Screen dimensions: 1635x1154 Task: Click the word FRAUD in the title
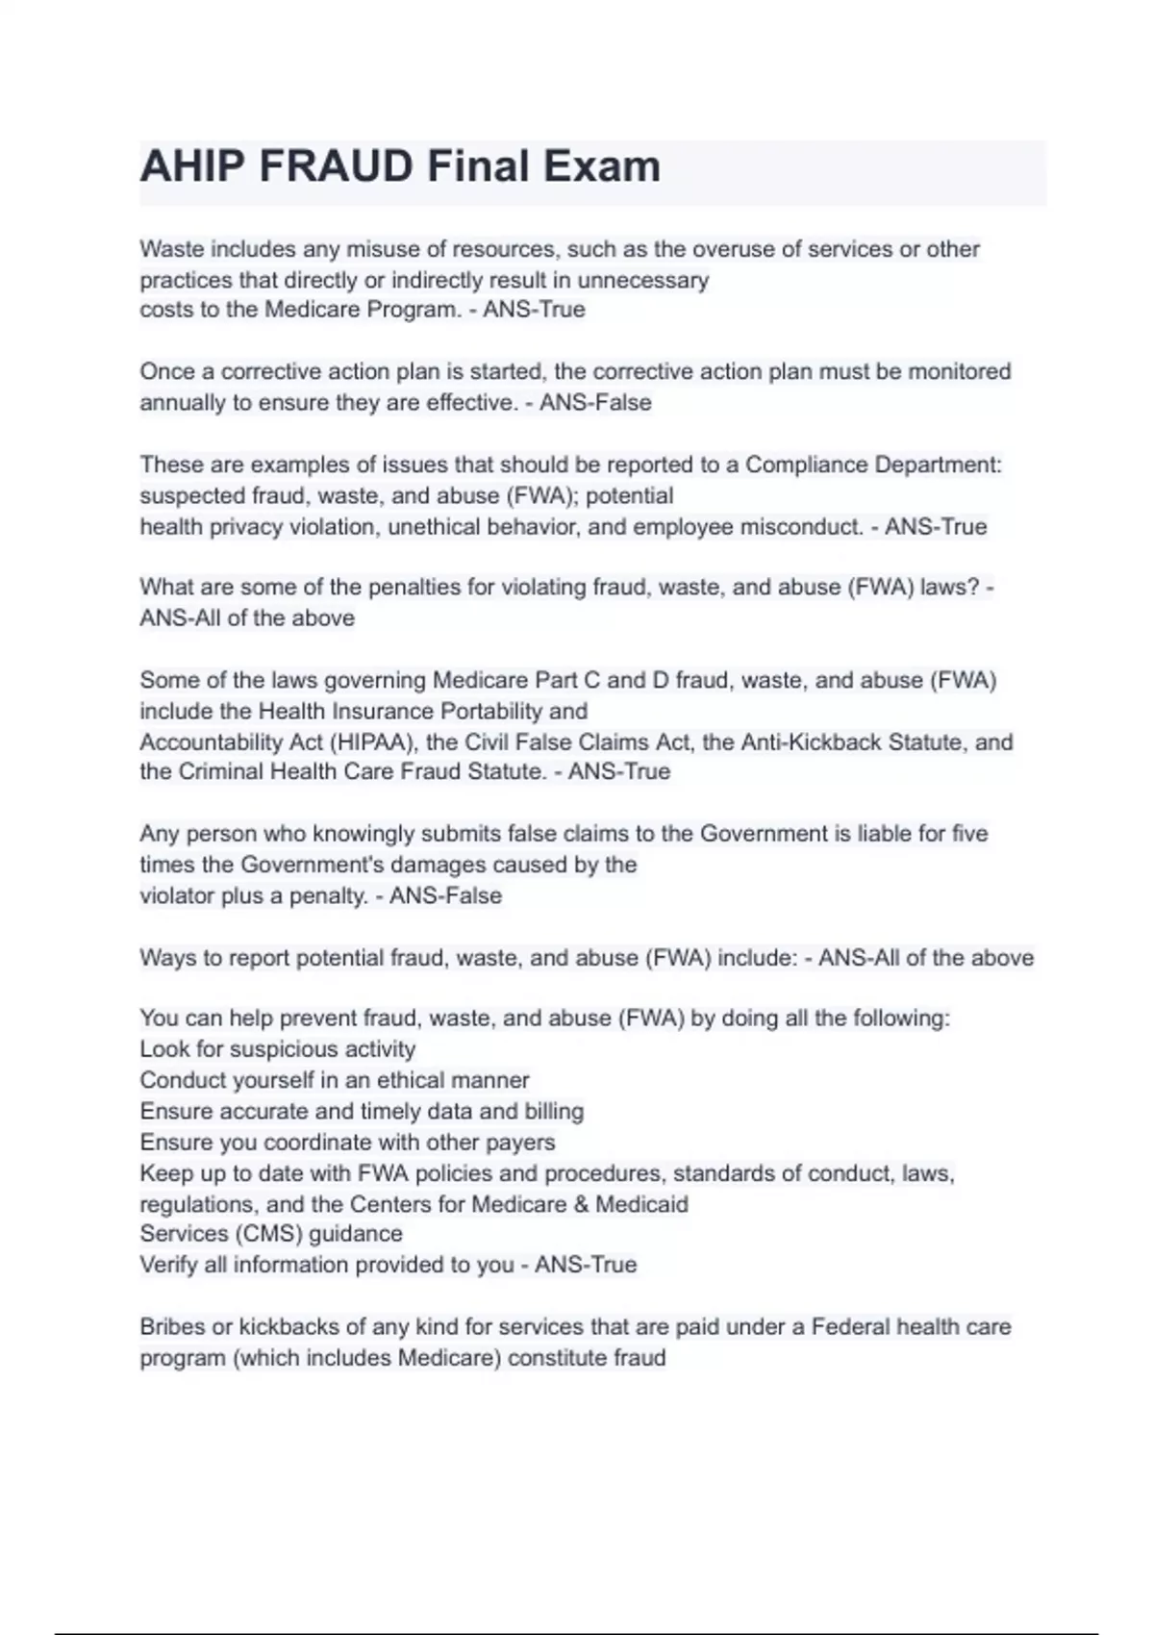coord(336,166)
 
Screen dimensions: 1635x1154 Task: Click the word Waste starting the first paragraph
coord(172,249)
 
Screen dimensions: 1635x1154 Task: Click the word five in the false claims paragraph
coord(969,834)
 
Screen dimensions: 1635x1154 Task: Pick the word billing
coord(554,1112)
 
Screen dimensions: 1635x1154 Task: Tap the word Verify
coord(168,1265)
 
